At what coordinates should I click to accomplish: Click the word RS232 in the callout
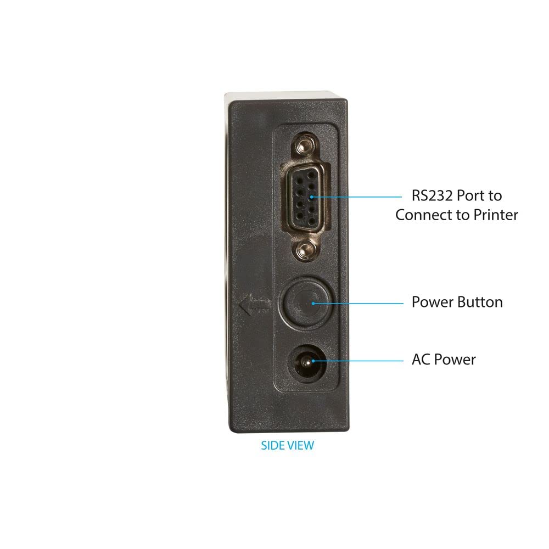click(434, 195)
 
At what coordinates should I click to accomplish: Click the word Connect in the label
click(423, 215)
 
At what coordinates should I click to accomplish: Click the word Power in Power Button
click(431, 302)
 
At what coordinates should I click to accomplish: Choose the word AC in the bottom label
click(421, 360)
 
